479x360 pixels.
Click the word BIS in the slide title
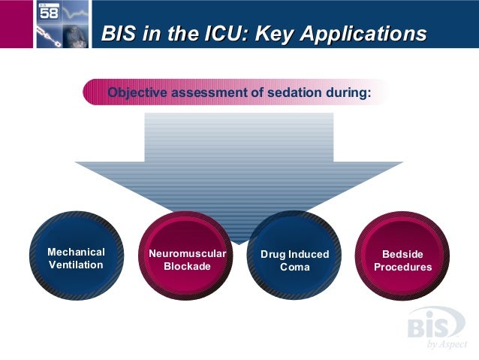click(x=119, y=34)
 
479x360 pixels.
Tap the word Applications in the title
click(x=368, y=34)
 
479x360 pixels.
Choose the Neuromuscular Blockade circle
click(x=187, y=256)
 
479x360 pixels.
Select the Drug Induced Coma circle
click(x=294, y=256)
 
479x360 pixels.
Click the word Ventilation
click(x=76, y=265)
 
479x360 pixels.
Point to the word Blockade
click(x=187, y=267)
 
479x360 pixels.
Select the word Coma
click(x=294, y=267)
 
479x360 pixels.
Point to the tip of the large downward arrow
click(x=239, y=242)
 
